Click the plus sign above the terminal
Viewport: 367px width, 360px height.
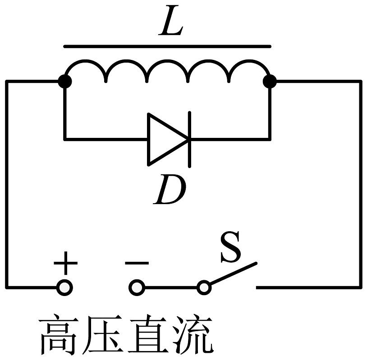point(65,263)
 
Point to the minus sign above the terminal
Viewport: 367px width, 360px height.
point(137,263)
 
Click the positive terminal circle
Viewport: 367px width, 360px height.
point(64,287)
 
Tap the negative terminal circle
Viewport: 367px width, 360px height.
point(137,287)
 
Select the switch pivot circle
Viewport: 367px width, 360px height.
point(204,287)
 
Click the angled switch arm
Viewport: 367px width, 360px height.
point(233,273)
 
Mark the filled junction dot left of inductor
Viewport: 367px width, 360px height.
point(65,82)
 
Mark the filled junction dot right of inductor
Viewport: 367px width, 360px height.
point(270,82)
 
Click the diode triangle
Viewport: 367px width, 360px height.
point(168,140)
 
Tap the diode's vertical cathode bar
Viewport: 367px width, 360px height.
point(189,140)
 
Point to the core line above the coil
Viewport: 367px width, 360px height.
point(167,46)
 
